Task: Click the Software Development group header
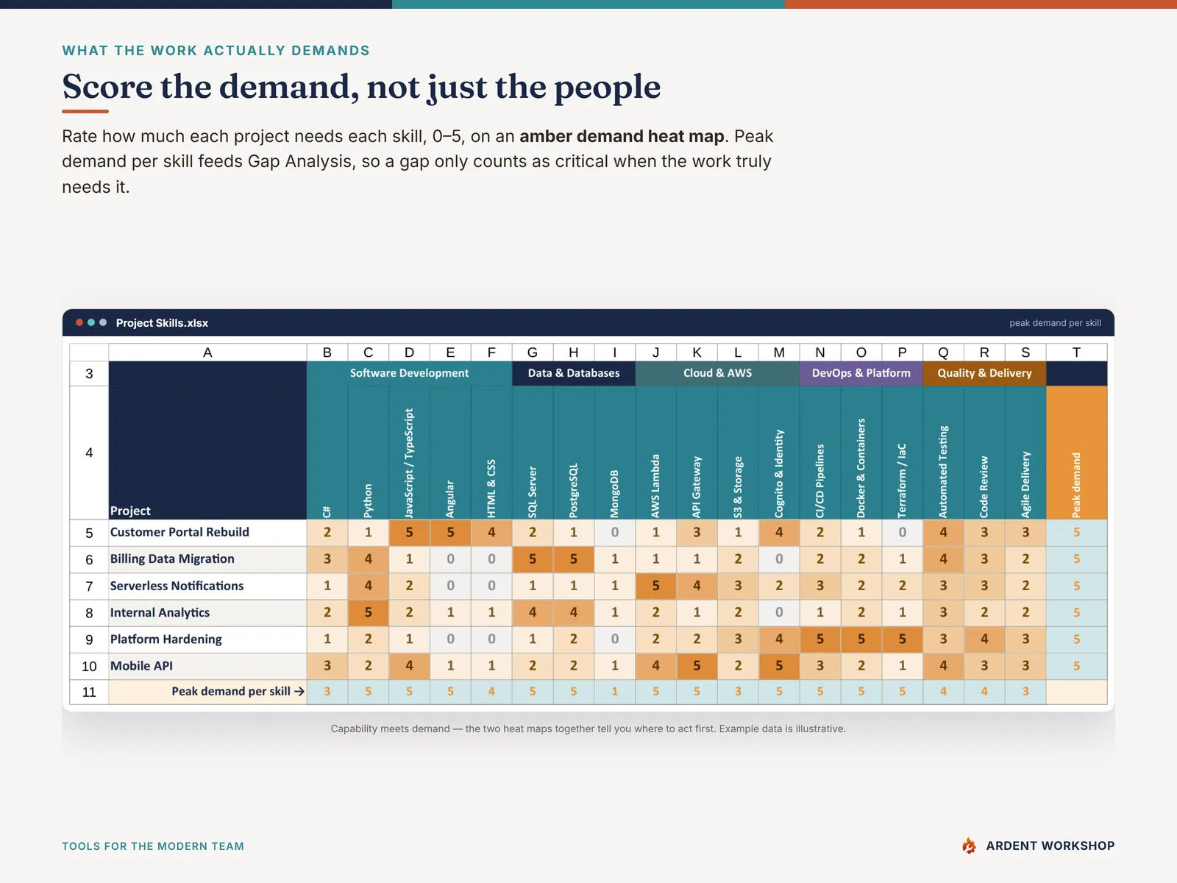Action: tap(409, 373)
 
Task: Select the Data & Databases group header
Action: tap(573, 373)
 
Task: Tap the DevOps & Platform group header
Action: tap(861, 373)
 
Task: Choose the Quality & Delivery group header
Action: tap(984, 373)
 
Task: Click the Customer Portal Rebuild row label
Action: tap(179, 532)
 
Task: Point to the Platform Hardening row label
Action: tap(166, 639)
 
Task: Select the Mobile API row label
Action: tap(141, 666)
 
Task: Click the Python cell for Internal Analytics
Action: tap(369, 612)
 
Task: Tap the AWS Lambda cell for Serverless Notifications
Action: tap(655, 586)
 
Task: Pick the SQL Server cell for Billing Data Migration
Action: tap(533, 558)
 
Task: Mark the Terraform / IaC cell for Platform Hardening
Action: tap(902, 639)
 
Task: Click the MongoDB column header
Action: tap(614, 494)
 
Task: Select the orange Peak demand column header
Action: tap(1076, 453)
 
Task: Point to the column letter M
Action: tap(778, 352)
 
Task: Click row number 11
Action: tap(89, 692)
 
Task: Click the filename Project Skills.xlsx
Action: tap(162, 323)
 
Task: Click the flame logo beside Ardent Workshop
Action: tap(968, 845)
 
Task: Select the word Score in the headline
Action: tap(107, 86)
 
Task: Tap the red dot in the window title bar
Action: tap(79, 322)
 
